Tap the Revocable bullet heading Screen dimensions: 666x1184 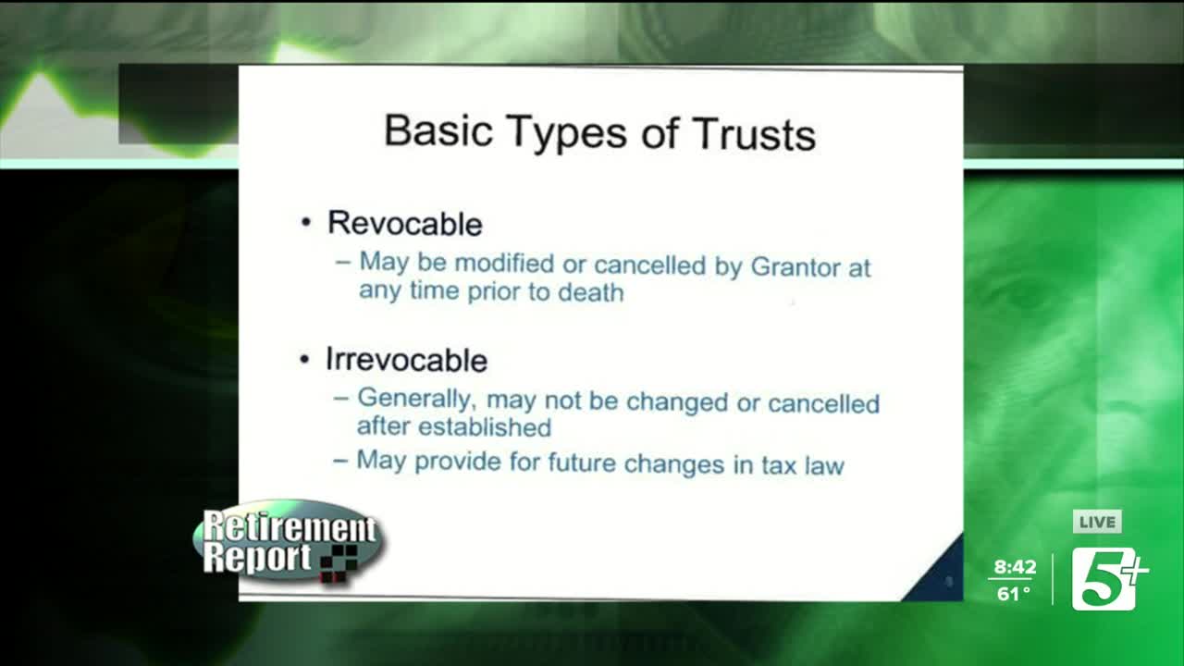click(404, 223)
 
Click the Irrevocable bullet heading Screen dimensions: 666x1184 click(406, 359)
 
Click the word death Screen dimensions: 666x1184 click(590, 292)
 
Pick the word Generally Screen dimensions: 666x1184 click(416, 401)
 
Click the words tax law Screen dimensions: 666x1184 click(801, 463)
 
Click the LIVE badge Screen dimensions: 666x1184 click(1097, 523)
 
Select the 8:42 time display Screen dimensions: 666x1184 click(1015, 567)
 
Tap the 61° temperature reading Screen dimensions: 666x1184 click(1014, 594)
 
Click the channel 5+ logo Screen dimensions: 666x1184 click(1108, 578)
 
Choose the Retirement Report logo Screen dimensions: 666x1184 click(288, 544)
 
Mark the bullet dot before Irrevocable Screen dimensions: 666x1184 click(305, 360)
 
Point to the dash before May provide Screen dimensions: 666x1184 click(340, 460)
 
